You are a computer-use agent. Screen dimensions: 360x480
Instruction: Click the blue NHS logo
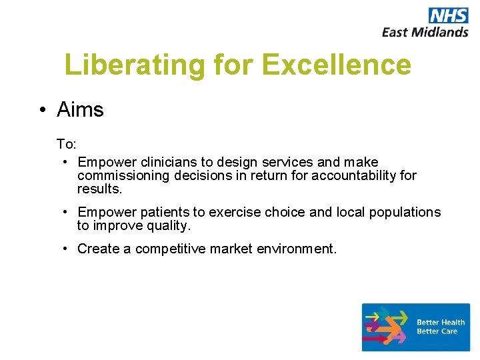pos(448,15)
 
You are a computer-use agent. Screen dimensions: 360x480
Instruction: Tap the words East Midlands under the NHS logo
pos(425,31)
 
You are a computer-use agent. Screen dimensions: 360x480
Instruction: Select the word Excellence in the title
pos(337,65)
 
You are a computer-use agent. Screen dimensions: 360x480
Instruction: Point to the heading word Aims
pos(81,109)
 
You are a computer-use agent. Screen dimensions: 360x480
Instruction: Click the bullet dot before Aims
pos(42,110)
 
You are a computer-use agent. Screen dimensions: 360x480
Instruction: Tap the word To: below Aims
pos(66,144)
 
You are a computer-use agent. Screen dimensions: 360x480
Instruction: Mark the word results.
pos(100,189)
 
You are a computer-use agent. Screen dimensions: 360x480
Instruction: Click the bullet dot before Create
pos(66,249)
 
